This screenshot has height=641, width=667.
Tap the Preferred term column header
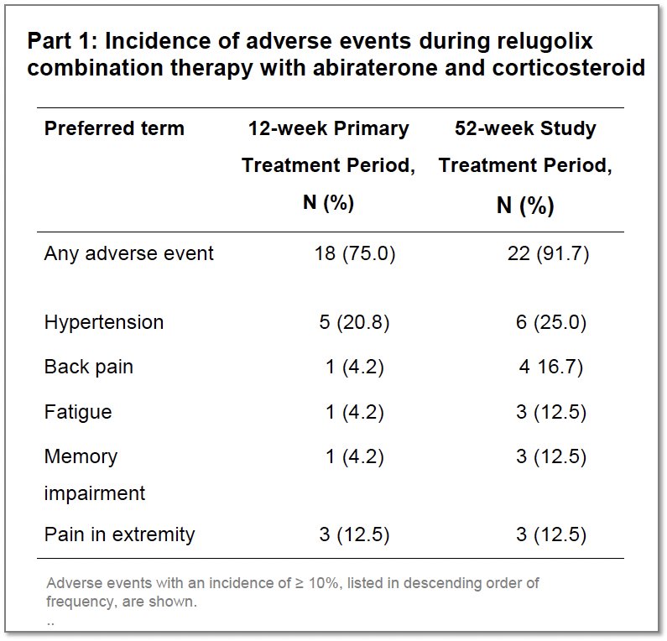[x=114, y=128]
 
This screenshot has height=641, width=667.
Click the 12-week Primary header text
[x=328, y=128]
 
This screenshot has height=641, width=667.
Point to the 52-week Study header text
[x=525, y=128]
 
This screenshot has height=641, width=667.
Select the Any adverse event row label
[x=129, y=253]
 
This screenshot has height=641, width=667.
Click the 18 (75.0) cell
[x=355, y=253]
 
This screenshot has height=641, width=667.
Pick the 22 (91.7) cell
[x=549, y=253]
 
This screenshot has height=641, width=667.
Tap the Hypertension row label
[x=104, y=322]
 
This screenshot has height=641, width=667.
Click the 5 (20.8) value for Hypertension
[x=354, y=322]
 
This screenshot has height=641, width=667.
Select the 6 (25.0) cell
[x=551, y=322]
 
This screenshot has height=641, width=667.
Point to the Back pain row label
[x=88, y=367]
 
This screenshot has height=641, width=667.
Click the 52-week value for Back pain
[x=551, y=367]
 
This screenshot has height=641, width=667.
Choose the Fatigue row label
[x=78, y=412]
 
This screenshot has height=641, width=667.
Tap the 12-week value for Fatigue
[x=355, y=412]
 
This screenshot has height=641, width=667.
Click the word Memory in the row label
[x=81, y=456]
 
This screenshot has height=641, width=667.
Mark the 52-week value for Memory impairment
[x=551, y=456]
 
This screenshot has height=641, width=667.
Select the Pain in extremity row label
[x=119, y=534]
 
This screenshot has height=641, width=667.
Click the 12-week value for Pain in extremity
[x=354, y=534]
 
